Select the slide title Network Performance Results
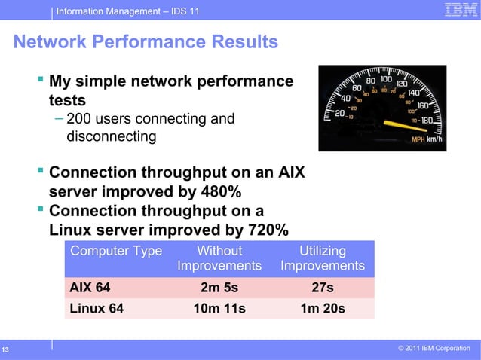point(146,42)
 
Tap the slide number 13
point(5,349)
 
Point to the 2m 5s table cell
point(219,287)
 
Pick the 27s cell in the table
point(323,287)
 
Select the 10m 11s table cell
point(219,307)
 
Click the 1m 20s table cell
point(323,307)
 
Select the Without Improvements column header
point(219,258)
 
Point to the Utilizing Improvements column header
point(323,258)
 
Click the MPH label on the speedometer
point(418,139)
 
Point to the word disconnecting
point(112,137)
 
